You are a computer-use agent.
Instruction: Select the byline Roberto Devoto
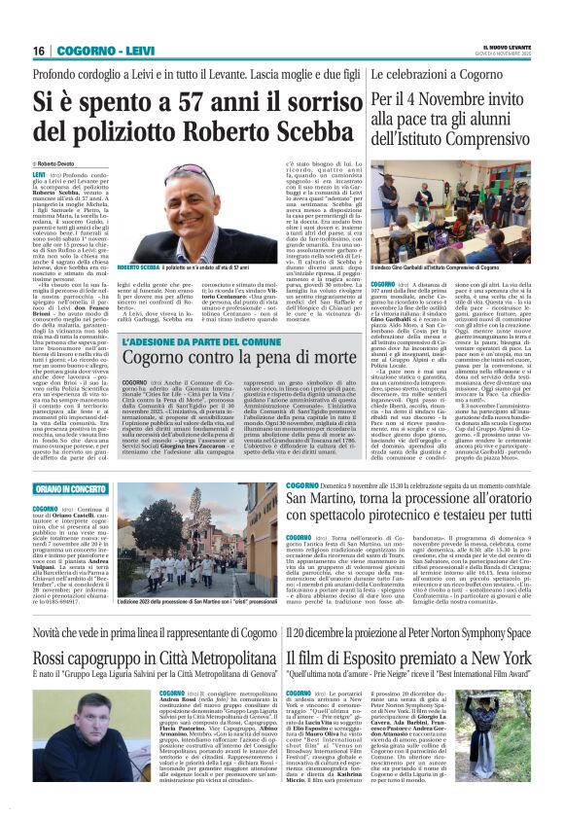point(60,164)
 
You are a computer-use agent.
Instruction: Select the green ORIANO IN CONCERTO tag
point(70,488)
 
